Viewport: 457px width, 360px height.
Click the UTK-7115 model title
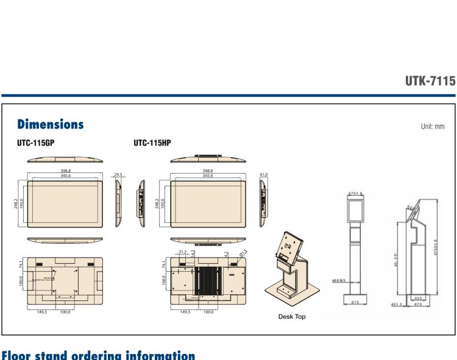click(x=430, y=81)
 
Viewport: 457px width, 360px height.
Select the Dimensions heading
click(x=50, y=124)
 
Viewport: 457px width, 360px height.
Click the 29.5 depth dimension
click(x=119, y=175)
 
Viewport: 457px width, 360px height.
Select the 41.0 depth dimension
click(x=263, y=175)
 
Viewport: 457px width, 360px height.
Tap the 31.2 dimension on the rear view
click(x=182, y=252)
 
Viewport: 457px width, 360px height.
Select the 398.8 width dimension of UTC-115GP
click(x=65, y=171)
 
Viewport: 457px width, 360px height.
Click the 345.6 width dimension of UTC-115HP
click(x=208, y=175)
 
